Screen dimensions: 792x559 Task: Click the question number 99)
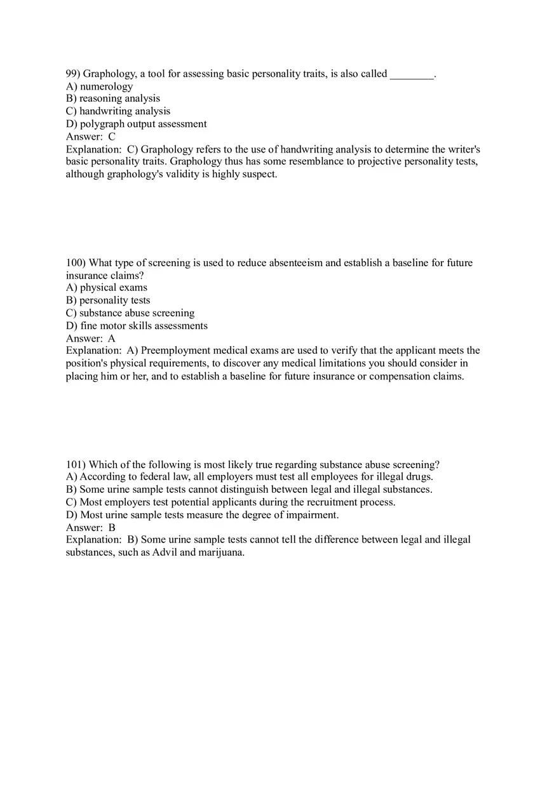tap(73, 74)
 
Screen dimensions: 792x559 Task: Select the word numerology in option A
tap(107, 86)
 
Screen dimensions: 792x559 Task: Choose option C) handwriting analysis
tap(118, 111)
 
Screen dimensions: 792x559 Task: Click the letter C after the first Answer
tap(112, 137)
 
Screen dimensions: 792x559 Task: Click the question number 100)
tap(76, 263)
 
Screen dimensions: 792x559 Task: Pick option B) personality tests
tap(108, 300)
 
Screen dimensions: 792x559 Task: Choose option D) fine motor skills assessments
tap(137, 326)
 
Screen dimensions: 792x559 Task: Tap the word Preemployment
tap(175, 351)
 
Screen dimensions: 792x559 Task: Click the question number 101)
tap(76, 465)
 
